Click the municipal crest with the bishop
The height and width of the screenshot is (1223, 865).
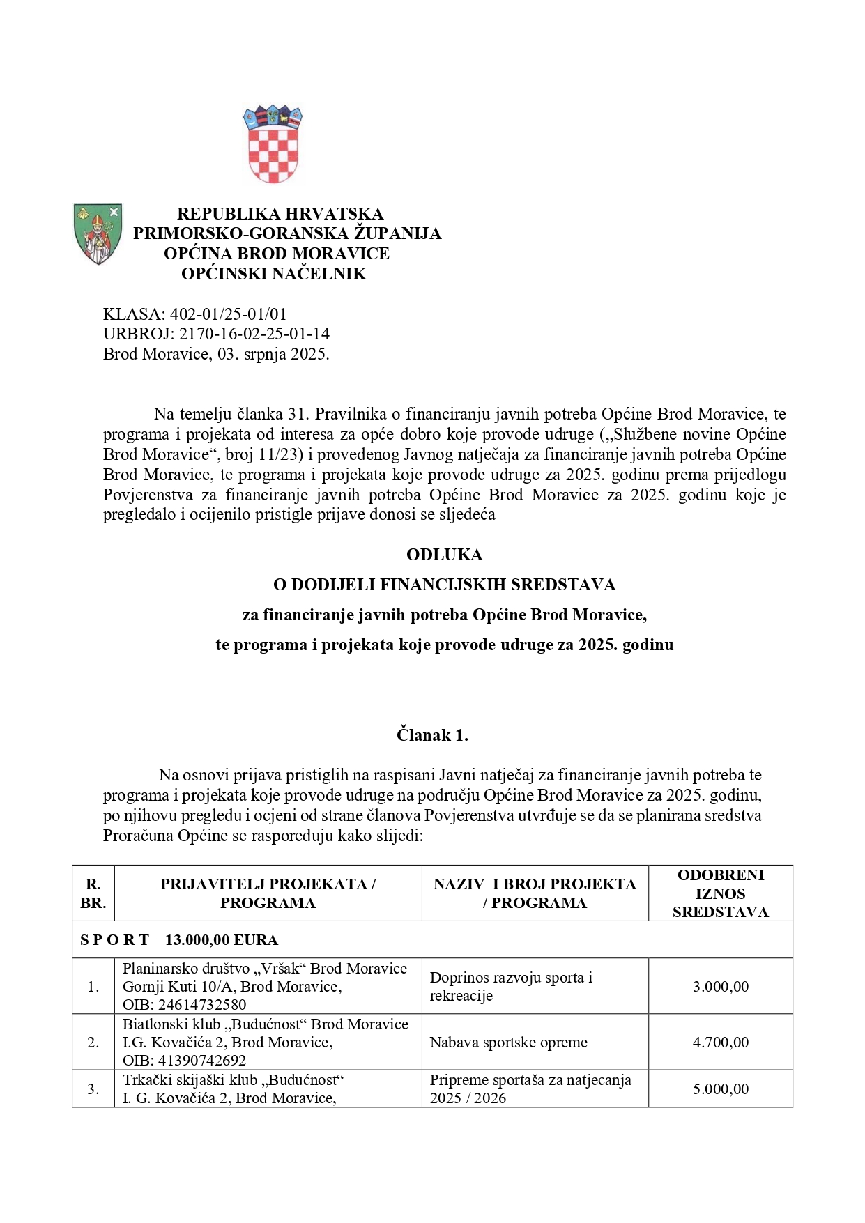point(98,234)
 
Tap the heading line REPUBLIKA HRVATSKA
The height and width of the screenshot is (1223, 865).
point(280,213)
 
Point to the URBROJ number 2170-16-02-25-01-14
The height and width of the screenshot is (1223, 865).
point(254,334)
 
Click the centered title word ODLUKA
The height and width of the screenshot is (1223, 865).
point(444,555)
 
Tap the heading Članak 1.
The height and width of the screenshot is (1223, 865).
point(432,734)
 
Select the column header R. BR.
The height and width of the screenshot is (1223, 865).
point(93,893)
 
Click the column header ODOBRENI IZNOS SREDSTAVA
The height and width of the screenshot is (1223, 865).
point(721,893)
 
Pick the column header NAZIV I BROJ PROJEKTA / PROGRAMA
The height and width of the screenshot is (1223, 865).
point(535,893)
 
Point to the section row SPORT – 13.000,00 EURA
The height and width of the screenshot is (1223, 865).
point(179,940)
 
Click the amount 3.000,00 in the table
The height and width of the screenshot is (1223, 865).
point(721,986)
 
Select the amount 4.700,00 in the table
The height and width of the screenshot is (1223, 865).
point(721,1043)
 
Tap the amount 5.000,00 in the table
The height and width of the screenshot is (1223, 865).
point(721,1089)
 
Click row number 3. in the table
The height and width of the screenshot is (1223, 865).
point(93,1089)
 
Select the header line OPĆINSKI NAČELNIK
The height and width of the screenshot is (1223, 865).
point(273,274)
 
